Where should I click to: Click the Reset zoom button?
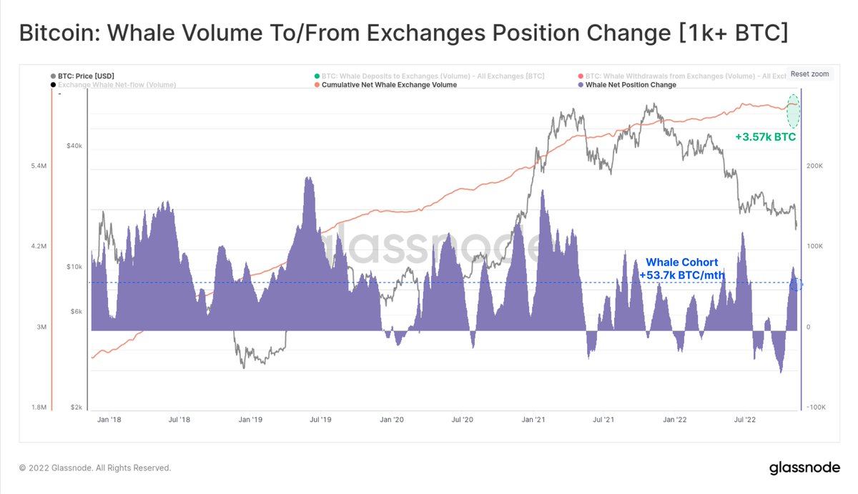pyautogui.click(x=809, y=74)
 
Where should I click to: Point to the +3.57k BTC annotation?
pyautogui.click(x=765, y=137)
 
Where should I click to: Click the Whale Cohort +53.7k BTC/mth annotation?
pyautogui.click(x=681, y=269)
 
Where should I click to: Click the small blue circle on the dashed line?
pyautogui.click(x=797, y=285)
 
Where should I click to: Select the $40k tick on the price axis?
pyautogui.click(x=74, y=146)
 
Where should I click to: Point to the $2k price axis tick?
pyautogui.click(x=76, y=407)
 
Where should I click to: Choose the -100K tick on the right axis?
pyautogui.click(x=816, y=407)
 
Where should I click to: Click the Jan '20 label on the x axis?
pyautogui.click(x=392, y=420)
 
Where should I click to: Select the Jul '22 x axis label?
pyautogui.click(x=744, y=420)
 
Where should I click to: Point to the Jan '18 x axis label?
pyautogui.click(x=109, y=420)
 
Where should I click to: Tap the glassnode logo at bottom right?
pyautogui.click(x=804, y=468)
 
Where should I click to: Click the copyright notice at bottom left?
pyautogui.click(x=95, y=468)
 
